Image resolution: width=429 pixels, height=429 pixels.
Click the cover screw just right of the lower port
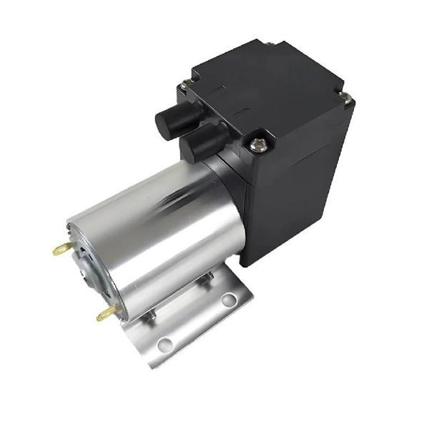258,145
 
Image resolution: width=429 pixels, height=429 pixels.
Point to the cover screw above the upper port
185,85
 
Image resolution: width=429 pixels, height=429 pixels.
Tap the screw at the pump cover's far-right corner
345,97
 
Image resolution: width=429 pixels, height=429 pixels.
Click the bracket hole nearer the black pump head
228,300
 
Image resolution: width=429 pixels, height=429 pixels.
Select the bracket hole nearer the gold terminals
165,345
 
